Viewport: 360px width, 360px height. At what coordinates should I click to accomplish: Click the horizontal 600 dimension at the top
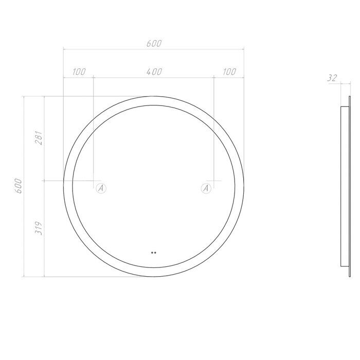[x=154, y=43]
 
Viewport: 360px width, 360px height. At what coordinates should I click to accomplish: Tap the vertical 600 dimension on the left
[x=19, y=186]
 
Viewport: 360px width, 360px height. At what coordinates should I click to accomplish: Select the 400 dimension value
[x=154, y=72]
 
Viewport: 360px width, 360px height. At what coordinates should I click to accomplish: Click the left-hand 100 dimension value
[x=79, y=72]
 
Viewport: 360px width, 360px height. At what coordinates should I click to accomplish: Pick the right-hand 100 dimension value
[x=229, y=72]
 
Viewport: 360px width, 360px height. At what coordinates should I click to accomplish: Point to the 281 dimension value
[x=39, y=138]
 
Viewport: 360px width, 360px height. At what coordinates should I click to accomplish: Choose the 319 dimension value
[x=39, y=228]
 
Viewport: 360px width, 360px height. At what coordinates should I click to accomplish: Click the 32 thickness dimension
[x=332, y=78]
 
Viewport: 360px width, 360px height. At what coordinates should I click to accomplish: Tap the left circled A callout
[x=101, y=188]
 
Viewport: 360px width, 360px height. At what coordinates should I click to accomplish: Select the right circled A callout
[x=206, y=188]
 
